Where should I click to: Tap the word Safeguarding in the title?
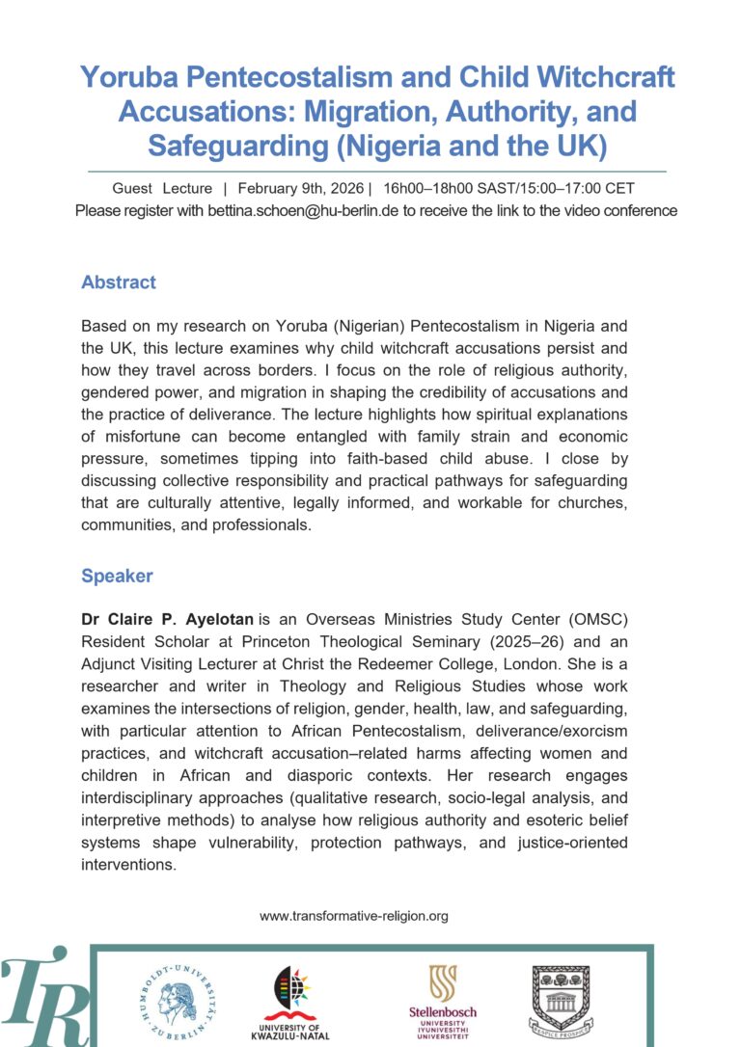tap(232, 146)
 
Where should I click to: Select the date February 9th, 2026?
tap(298, 188)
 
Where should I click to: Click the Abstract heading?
tap(119, 282)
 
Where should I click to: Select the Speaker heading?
tap(117, 576)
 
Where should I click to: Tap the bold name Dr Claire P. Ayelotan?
tap(168, 617)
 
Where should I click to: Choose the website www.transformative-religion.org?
tap(354, 916)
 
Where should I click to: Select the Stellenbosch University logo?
tap(443, 1003)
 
